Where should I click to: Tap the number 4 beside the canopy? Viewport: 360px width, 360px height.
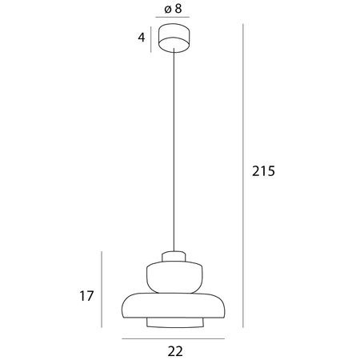pyautogui.click(x=142, y=38)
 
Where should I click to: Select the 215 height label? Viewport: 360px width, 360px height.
pyautogui.click(x=263, y=172)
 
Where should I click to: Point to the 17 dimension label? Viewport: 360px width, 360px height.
pyautogui.click(x=87, y=296)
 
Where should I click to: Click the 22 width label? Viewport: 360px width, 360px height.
pyautogui.click(x=176, y=350)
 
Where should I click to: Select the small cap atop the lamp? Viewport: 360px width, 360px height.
pyautogui.click(x=174, y=257)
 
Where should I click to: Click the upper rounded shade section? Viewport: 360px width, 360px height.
pyautogui.click(x=174, y=276)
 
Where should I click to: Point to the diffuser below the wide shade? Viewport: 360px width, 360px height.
pyautogui.click(x=174, y=322)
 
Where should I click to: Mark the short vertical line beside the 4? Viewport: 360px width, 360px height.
pyautogui.click(x=152, y=38)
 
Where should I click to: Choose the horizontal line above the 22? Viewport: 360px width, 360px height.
pyautogui.click(x=174, y=338)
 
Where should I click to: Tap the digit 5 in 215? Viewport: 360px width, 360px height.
pyautogui.click(x=270, y=172)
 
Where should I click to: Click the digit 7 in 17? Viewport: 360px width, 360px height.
pyautogui.click(x=90, y=296)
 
